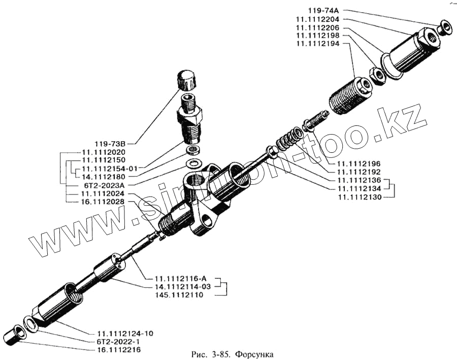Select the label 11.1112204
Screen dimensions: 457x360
(320, 19)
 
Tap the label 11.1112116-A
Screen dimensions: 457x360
(181, 278)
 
